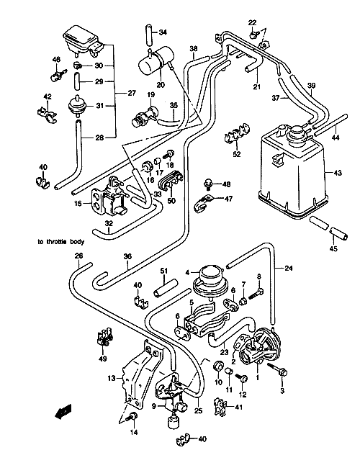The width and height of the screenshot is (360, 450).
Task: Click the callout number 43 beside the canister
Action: pos(338,173)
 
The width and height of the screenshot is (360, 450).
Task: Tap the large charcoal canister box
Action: pos(293,171)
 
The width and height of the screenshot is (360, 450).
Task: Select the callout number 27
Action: pos(132,93)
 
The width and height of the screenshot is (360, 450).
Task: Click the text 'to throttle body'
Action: pos(61,242)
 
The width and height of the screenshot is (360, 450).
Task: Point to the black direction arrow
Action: pos(63,412)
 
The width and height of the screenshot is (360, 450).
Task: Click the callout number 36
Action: pos(127,256)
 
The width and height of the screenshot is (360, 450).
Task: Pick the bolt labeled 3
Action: pos(277,369)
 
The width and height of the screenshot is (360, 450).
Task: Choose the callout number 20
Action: pos(161,85)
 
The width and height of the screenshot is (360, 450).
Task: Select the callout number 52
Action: pos(237,154)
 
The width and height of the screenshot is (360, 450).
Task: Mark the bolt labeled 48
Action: pos(207,184)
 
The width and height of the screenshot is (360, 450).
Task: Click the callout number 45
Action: pos(333,248)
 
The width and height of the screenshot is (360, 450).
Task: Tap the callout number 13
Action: pos(112,379)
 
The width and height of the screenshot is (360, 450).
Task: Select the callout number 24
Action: pos(289,269)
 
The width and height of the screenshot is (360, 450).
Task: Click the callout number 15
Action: pos(78,204)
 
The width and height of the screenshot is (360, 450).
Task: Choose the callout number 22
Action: pos(252,22)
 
